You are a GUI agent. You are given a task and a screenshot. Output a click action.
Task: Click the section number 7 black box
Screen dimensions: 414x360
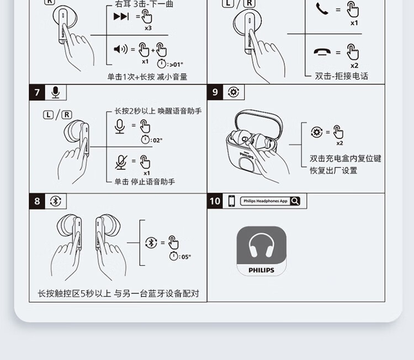tap(37, 92)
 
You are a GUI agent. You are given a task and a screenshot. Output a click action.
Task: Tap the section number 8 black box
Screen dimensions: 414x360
tap(37, 202)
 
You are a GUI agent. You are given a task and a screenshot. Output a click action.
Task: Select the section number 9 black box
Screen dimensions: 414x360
tap(215, 92)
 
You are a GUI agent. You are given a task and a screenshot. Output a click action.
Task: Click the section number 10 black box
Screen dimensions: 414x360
tap(215, 201)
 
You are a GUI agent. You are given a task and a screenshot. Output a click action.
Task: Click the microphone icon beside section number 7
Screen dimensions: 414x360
tap(55, 92)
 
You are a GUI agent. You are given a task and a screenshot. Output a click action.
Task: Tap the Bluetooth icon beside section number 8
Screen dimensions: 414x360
tap(55, 202)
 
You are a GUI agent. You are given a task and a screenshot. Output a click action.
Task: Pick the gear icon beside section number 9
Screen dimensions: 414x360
tap(233, 92)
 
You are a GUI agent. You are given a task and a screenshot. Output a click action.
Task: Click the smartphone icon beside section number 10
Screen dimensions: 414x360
tap(231, 201)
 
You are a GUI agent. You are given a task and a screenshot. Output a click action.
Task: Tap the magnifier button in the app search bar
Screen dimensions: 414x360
tap(295, 201)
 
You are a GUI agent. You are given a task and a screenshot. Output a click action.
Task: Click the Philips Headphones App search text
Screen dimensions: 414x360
tap(266, 201)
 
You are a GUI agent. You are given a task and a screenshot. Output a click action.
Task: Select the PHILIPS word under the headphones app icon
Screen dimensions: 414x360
tap(262, 270)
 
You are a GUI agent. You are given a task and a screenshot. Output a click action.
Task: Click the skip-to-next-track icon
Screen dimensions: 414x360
tap(121, 17)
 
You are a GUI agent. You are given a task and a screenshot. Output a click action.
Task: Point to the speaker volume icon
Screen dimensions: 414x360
tap(121, 49)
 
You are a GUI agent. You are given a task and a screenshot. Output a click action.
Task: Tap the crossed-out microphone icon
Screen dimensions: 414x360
tap(121, 162)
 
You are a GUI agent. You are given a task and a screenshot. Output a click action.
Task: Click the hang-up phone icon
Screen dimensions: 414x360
tap(322, 52)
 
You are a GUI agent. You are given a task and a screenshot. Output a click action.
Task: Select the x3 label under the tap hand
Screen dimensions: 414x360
tap(148, 28)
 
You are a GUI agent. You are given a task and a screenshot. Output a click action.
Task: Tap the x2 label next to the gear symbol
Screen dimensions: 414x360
tap(339, 143)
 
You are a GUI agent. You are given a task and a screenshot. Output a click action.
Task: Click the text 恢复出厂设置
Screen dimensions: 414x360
tap(333, 171)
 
